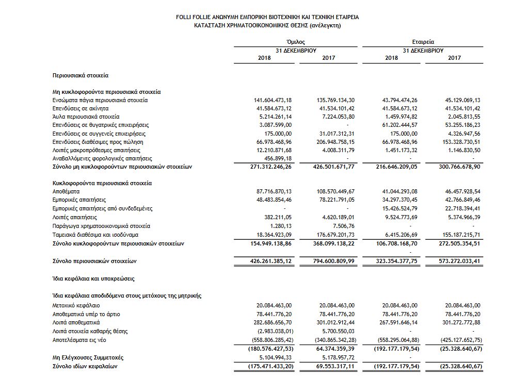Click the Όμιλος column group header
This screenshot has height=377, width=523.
295,42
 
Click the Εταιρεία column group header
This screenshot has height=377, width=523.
423,42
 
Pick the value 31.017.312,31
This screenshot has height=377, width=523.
336,133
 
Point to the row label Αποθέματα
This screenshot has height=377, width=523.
66,191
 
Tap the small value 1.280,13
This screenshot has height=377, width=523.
281,225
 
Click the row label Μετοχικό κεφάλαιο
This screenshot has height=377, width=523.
76,305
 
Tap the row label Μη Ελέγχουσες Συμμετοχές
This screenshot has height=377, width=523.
88,357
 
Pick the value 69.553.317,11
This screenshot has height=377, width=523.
336,366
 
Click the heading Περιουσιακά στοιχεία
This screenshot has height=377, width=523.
81,75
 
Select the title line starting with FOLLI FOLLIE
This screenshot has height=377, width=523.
267,17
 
